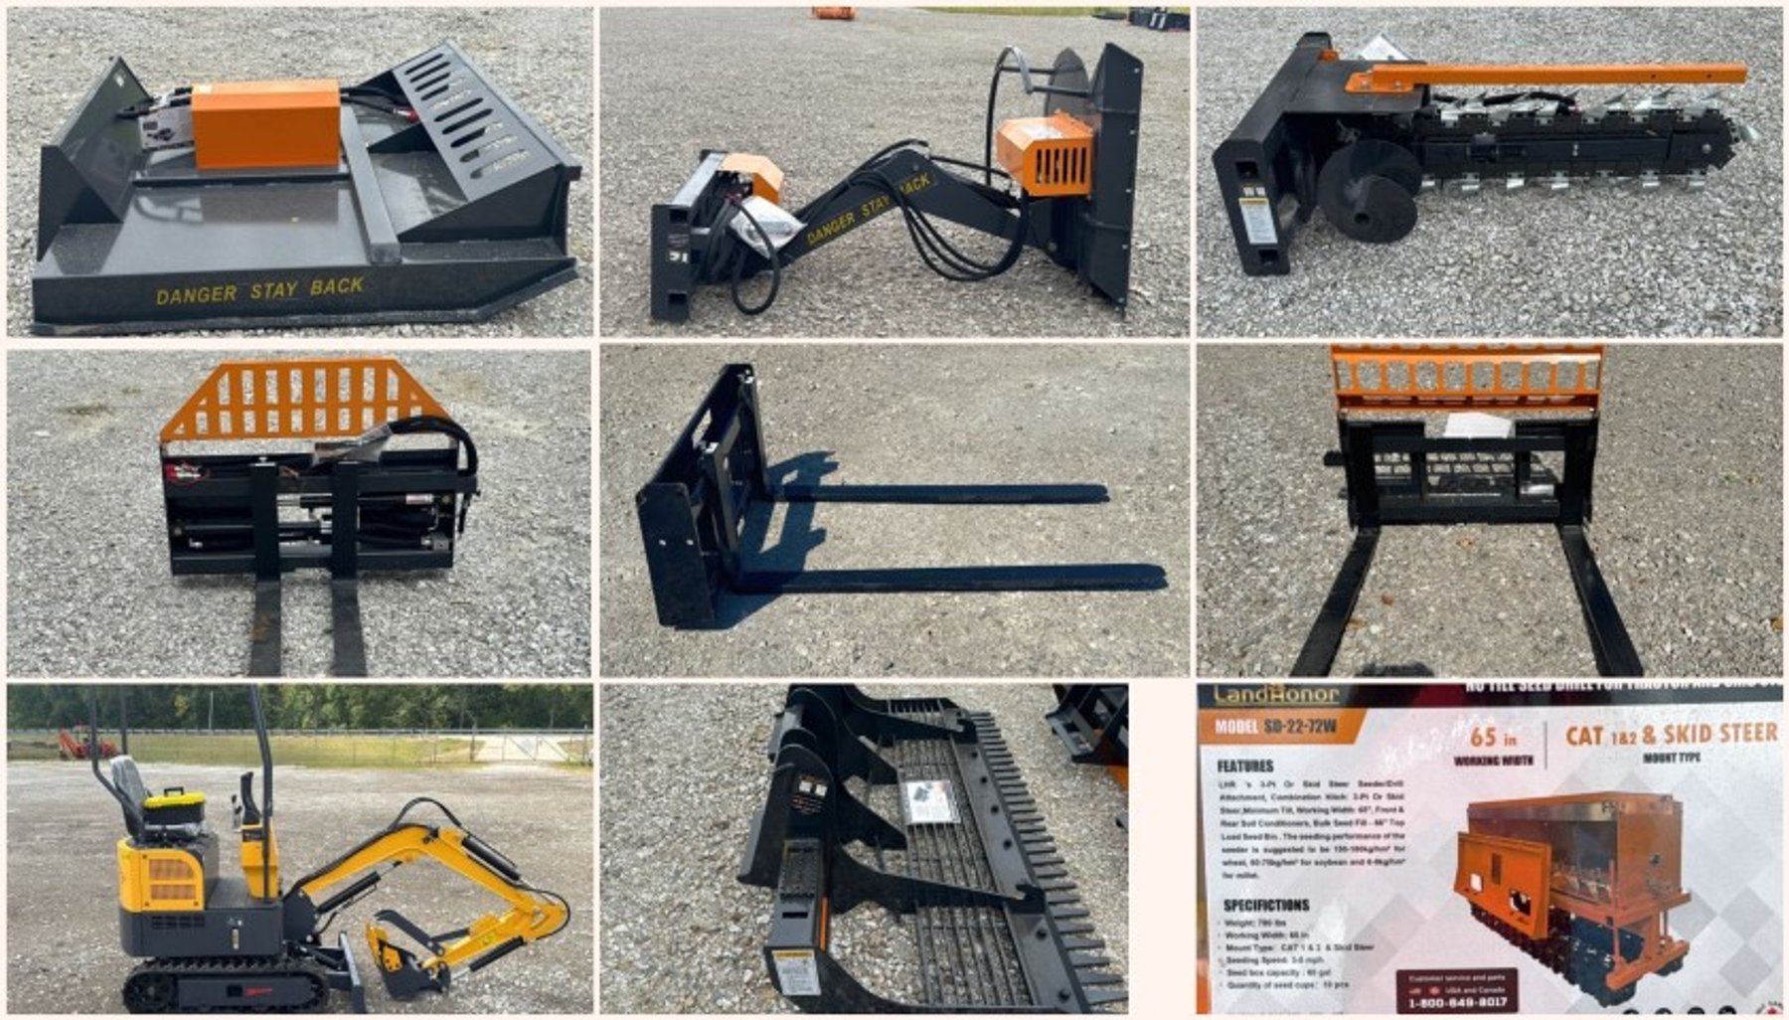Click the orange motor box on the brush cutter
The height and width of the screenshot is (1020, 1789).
pyautogui.click(x=265, y=123)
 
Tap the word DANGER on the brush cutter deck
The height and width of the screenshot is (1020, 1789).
pyautogui.click(x=196, y=295)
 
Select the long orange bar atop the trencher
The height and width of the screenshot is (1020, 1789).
pyautogui.click(x=1550, y=75)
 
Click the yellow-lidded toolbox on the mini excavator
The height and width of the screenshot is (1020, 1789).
pyautogui.click(x=176, y=804)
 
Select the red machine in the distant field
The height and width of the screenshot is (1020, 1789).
pyautogui.click(x=85, y=743)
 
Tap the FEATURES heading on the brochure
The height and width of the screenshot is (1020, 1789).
pyautogui.click(x=1244, y=766)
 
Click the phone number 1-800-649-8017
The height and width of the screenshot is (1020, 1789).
pyautogui.click(x=1457, y=1002)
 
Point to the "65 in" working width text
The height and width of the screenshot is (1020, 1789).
pyautogui.click(x=1493, y=737)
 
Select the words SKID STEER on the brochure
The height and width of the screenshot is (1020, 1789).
pyautogui.click(x=1722, y=734)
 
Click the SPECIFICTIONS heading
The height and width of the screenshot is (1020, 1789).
pyautogui.click(x=1265, y=905)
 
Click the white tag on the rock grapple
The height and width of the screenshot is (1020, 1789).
pyautogui.click(x=928, y=801)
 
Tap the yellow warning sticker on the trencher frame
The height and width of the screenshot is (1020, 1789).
pyautogui.click(x=1258, y=221)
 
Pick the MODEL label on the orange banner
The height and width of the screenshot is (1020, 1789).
pyautogui.click(x=1236, y=727)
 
